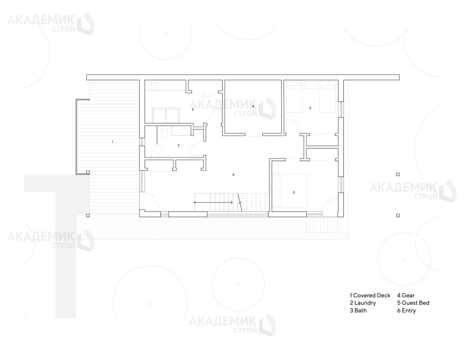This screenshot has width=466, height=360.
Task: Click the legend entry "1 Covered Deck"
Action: tap(370, 296)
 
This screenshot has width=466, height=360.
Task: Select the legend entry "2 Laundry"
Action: tap(363, 303)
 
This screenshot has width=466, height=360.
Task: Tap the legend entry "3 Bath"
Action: tap(358, 310)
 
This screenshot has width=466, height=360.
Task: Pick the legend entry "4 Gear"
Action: tap(406, 296)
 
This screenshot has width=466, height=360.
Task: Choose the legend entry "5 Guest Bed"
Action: tap(413, 303)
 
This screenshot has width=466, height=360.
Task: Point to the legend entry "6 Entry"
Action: tap(406, 310)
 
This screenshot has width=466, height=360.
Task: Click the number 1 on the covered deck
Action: tap(112, 141)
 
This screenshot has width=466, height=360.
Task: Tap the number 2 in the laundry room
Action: tap(193, 109)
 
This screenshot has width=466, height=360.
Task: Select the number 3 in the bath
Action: tap(178, 145)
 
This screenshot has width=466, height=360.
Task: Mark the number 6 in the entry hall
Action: tap(233, 175)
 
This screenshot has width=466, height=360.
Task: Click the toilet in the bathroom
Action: tap(165, 131)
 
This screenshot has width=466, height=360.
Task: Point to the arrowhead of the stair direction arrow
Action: tap(232, 202)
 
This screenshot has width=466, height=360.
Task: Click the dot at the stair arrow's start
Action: tap(195, 202)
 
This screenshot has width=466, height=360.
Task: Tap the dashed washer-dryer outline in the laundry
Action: tap(166, 115)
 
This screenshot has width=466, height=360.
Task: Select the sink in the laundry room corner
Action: tap(151, 85)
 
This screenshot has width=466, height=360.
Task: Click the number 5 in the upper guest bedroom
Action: tap(310, 108)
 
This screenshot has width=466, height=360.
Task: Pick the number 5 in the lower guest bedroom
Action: tap(294, 193)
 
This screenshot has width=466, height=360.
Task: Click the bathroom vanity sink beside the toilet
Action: tap(184, 130)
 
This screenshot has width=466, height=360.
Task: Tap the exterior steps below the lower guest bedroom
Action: tap(322, 225)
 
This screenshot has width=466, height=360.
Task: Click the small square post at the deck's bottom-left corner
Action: tap(88, 216)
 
